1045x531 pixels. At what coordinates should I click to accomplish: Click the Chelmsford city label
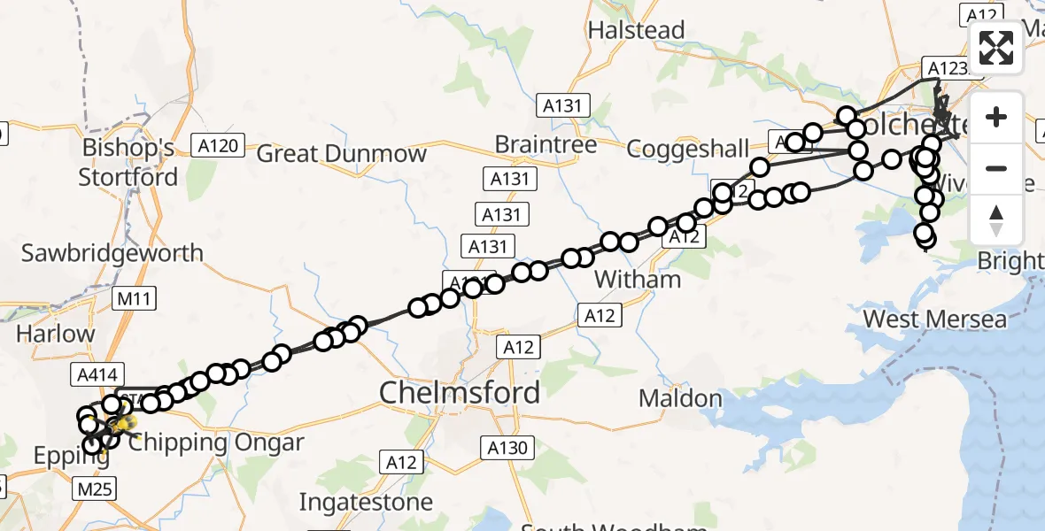460,392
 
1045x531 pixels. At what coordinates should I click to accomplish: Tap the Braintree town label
546,143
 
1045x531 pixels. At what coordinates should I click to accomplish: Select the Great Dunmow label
341,153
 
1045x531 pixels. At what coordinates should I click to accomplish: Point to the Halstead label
637,29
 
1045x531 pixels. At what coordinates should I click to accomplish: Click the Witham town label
638,280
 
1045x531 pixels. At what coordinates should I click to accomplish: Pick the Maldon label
681,398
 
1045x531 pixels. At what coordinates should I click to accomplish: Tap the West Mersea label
934,319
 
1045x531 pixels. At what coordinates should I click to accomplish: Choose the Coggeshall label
687,148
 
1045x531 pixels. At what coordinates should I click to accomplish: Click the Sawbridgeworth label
112,253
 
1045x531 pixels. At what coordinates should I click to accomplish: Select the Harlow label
55,335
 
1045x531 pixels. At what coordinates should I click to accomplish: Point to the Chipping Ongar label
216,442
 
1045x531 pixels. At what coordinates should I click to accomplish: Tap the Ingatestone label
366,503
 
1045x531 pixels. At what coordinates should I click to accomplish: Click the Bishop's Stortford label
128,162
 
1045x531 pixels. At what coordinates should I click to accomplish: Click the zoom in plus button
996,118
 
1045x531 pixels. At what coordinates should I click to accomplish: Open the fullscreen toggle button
996,49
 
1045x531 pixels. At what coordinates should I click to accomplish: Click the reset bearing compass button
996,220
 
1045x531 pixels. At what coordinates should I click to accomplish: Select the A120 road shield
217,146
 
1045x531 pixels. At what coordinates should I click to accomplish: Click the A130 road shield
507,448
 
